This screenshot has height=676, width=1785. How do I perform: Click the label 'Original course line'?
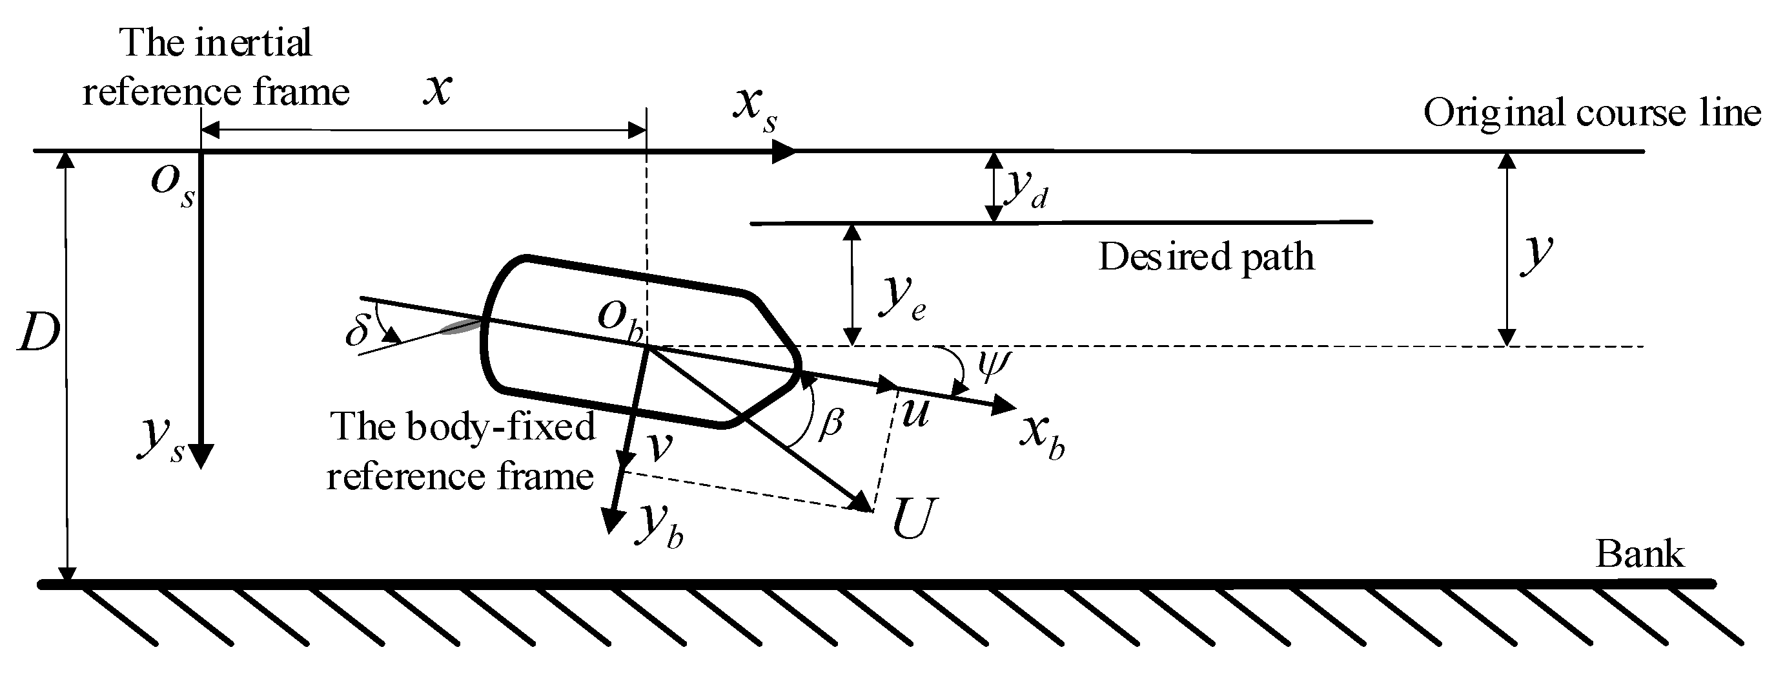click(1591, 113)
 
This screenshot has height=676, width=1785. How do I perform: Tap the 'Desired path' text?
click(1206, 257)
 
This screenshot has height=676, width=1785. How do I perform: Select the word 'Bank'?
click(1640, 555)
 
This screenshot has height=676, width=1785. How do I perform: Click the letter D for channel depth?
click(39, 335)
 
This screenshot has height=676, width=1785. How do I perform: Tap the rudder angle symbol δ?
click(358, 331)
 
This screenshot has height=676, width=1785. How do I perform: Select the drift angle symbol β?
click(830, 422)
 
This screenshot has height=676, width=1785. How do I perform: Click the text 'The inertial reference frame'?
click(216, 67)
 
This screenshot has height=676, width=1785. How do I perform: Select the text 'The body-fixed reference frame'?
click(462, 450)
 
